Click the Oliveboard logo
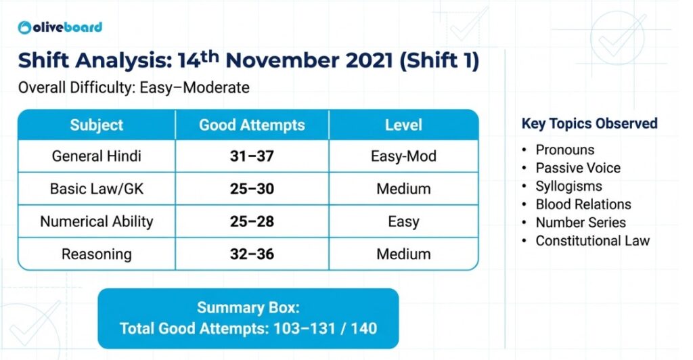click(60, 27)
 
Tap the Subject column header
click(97, 125)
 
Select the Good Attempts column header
click(252, 125)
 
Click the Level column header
click(403, 125)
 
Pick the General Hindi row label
click(97, 156)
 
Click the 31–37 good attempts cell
click(252, 156)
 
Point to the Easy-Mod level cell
click(403, 156)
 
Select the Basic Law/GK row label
click(97, 189)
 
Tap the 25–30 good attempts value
click(252, 189)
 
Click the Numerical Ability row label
click(97, 221)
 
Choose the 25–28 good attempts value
click(252, 221)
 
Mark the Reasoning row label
click(97, 254)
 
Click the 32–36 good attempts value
click(252, 254)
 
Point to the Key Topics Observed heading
click(589, 124)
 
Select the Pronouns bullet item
click(565, 150)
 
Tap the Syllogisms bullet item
click(568, 186)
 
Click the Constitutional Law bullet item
click(592, 241)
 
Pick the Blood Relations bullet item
click(583, 204)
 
